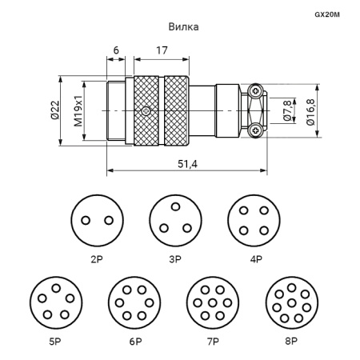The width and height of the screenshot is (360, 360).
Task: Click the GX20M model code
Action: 327,14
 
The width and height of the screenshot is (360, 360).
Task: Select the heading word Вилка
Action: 183,27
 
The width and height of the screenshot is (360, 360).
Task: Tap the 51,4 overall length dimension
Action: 187,164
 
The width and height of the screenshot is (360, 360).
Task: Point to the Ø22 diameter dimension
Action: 54,110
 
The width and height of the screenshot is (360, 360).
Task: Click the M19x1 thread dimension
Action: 78,110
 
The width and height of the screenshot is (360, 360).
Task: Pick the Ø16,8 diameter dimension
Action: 310,112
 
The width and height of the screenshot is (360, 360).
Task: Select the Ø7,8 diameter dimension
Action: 287,111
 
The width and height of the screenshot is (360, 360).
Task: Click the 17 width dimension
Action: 162,50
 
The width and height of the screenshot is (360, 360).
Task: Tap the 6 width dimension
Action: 116,50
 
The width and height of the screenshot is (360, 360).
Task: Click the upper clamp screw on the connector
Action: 255,91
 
